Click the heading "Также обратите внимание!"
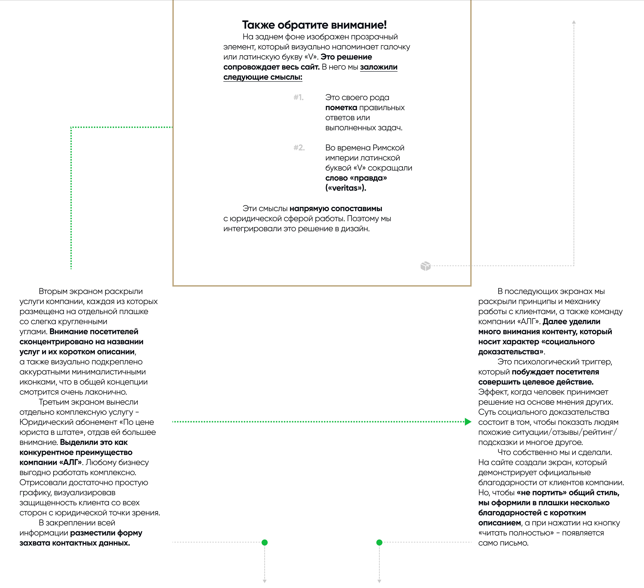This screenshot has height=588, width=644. (x=314, y=25)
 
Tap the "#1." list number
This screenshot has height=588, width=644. (x=298, y=97)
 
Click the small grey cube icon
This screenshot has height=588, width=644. (x=425, y=266)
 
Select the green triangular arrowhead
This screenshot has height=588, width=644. (x=468, y=422)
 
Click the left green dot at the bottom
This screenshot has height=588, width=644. (x=264, y=542)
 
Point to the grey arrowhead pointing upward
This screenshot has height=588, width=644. (x=574, y=22)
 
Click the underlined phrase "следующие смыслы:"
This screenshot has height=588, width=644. (x=263, y=77)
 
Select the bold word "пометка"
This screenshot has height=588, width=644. (x=341, y=108)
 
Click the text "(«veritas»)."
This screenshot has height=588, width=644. (x=346, y=188)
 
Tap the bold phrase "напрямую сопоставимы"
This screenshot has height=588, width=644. (x=336, y=209)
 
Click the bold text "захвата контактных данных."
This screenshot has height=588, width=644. (x=75, y=543)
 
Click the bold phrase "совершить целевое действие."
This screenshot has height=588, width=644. (x=536, y=382)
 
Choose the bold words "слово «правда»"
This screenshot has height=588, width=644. (x=356, y=178)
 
